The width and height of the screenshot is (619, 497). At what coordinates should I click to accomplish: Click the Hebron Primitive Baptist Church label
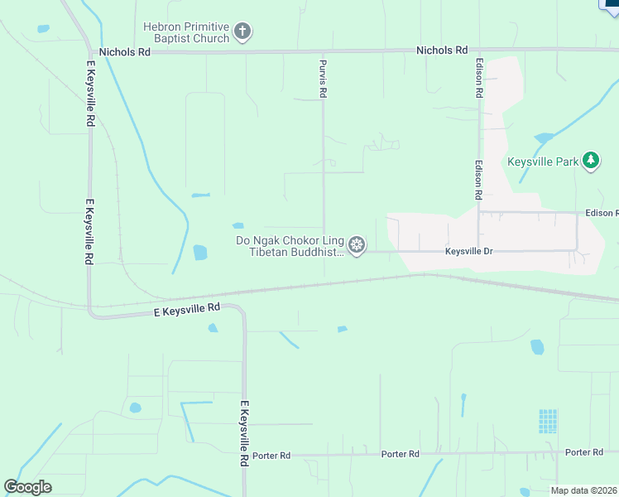(x=185, y=32)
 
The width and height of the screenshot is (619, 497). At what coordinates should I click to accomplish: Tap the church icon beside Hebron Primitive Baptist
(x=242, y=32)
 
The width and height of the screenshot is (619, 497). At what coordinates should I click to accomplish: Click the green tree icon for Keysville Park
(x=590, y=161)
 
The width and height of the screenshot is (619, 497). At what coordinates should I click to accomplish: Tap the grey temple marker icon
(x=357, y=245)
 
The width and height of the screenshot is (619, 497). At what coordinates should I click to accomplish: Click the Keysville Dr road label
(x=468, y=250)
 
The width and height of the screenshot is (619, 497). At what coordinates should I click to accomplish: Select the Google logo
(x=27, y=487)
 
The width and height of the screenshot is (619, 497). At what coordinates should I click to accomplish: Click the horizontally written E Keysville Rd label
(x=187, y=307)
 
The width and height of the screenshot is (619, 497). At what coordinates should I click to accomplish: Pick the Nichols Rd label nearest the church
(x=125, y=51)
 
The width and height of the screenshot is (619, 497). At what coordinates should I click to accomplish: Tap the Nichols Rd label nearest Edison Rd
(x=442, y=51)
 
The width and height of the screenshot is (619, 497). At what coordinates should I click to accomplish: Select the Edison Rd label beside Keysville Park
(x=478, y=180)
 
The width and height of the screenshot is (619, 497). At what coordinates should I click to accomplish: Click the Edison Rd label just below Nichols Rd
(x=479, y=78)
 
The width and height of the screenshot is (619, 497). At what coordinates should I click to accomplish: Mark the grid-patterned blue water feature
(x=548, y=421)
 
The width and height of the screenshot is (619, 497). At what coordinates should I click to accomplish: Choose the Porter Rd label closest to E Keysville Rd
(x=271, y=456)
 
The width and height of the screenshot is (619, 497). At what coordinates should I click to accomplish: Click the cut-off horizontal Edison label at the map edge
(x=602, y=213)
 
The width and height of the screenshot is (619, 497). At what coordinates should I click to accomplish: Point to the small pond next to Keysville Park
(x=543, y=138)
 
